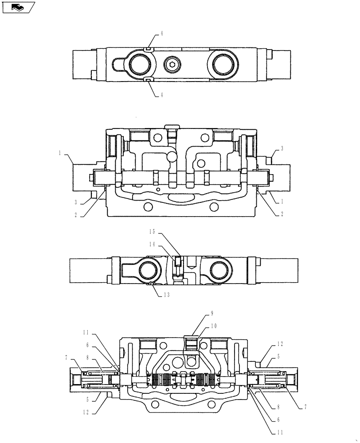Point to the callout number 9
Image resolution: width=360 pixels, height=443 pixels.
pos(211,313)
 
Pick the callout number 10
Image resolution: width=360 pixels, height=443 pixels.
pos(214,326)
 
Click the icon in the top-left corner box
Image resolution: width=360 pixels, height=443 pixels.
pos(18,7)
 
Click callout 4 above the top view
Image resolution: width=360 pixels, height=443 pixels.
pos(161,34)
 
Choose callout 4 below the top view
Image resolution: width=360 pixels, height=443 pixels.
pos(161,94)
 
